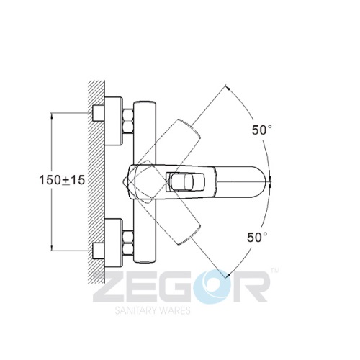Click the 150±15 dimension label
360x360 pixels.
coord(62,180)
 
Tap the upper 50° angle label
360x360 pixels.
coord(262,130)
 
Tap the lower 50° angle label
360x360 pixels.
coord(257,238)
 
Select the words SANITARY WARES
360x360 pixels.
coord(153,310)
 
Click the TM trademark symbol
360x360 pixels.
coord(275,271)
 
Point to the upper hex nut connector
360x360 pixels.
coord(128,121)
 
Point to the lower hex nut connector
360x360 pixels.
coord(128,243)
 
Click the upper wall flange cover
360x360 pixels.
coord(114,121)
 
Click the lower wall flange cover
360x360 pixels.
coord(114,243)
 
